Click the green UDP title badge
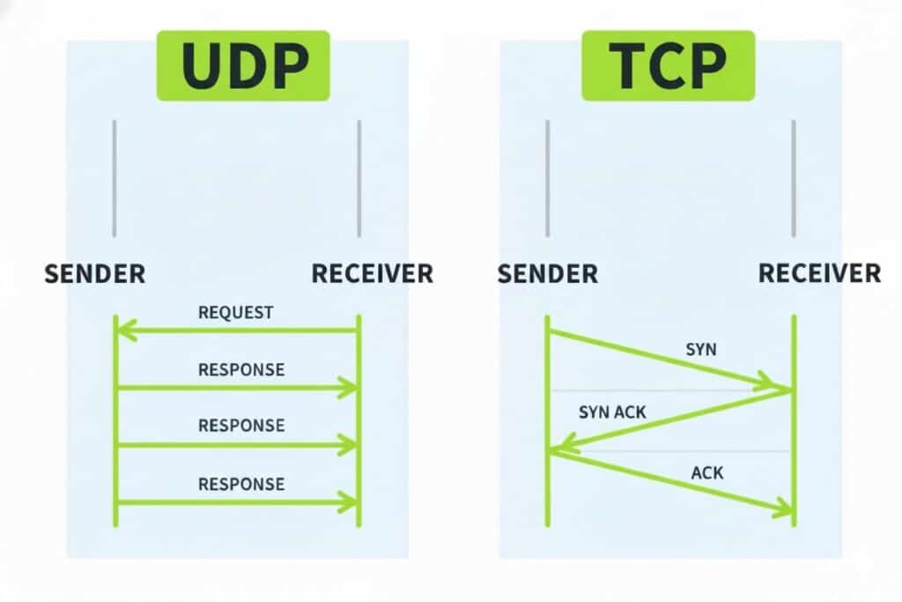[x=243, y=65]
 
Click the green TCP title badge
[x=667, y=65]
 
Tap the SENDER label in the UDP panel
[x=95, y=273]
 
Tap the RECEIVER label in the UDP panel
[x=373, y=273]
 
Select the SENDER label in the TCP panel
[x=548, y=273]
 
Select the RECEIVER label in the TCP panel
[x=819, y=273]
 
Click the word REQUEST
[x=236, y=312]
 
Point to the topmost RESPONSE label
[x=241, y=369]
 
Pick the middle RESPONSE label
[x=241, y=426]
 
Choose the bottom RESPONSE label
[x=241, y=483]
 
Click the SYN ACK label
[x=612, y=412]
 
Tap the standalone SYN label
[x=701, y=349]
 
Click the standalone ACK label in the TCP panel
[x=706, y=473]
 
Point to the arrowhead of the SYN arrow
[x=779, y=385]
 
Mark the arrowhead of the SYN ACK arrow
[x=562, y=447]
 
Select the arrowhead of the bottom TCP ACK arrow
[x=782, y=509]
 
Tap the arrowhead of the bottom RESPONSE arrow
[x=349, y=502]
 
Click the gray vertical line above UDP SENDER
[x=115, y=178]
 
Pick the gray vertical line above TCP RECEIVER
[x=794, y=178]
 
